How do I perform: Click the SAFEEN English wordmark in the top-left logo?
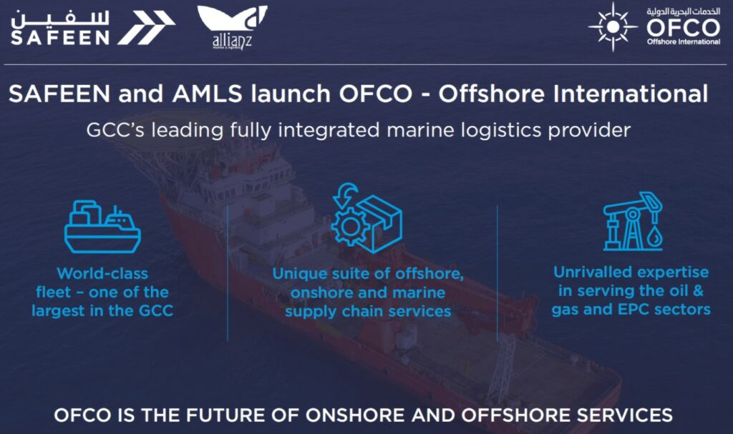[59, 36]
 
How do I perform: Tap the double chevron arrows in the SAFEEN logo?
[146, 28]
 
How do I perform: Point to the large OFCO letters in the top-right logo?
[683, 28]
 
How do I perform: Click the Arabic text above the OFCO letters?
[683, 11]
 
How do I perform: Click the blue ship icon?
[102, 227]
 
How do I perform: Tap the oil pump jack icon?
[632, 221]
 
